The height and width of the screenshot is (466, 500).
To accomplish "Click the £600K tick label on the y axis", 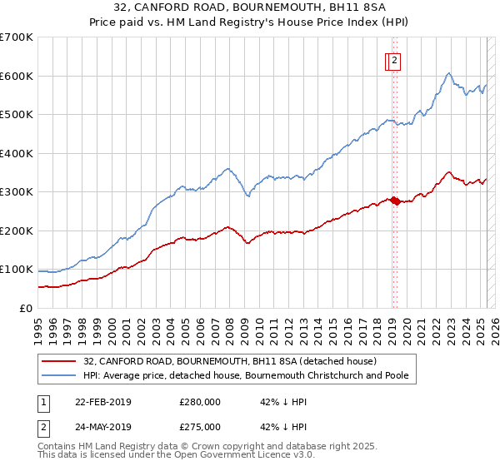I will (x=17, y=76).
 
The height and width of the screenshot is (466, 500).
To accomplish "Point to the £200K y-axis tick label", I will (x=17, y=231).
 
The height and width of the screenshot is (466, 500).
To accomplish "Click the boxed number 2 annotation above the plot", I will (x=393, y=60).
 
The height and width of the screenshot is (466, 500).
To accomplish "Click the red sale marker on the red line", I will (x=394, y=200).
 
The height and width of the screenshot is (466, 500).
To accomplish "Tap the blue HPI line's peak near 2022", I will (x=448, y=73).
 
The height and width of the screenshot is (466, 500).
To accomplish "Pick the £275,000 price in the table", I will (x=200, y=426).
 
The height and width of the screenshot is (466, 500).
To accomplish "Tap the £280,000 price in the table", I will (x=200, y=401).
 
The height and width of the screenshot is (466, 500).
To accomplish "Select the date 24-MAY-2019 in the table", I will (x=103, y=426).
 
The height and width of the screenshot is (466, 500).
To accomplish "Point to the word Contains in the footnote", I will (x=57, y=448).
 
